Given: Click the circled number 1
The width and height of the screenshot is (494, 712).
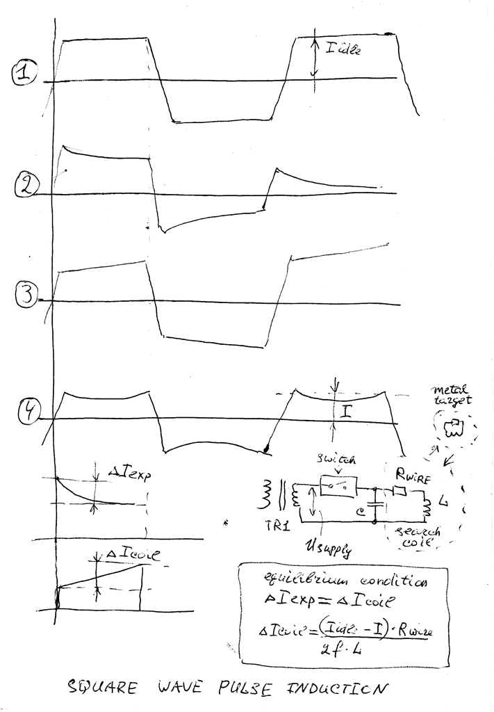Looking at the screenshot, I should [24, 74].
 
